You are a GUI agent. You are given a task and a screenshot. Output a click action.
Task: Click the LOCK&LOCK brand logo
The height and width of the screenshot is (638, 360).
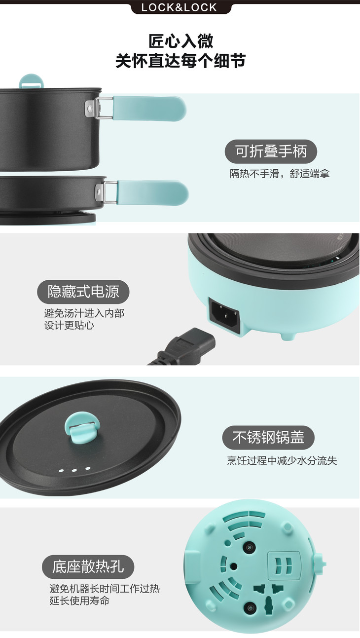tap(180, 7)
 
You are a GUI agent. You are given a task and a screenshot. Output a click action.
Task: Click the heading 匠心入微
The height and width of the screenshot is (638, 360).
tap(180, 41)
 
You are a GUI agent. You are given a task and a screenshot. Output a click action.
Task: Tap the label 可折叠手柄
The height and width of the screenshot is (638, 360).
tap(271, 151)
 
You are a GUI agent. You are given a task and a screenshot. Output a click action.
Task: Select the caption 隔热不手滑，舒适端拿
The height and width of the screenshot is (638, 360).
tap(280, 174)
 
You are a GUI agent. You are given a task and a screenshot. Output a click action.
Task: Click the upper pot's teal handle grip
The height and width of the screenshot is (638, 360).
tap(149, 109)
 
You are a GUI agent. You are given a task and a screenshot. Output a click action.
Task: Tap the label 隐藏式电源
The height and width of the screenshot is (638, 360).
tap(83, 292)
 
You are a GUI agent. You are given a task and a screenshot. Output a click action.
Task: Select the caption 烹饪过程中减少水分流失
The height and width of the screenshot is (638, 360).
tap(282, 460)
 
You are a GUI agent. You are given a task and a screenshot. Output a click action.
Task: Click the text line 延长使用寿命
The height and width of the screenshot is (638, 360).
tap(79, 601)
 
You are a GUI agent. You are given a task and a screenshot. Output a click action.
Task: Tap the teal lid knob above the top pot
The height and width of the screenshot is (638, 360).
tap(32, 82)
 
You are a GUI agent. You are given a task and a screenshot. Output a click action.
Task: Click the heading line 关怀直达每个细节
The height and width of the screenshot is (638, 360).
tap(180, 61)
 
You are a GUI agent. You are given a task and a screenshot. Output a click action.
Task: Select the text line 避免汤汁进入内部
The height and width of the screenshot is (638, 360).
tap(84, 313)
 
